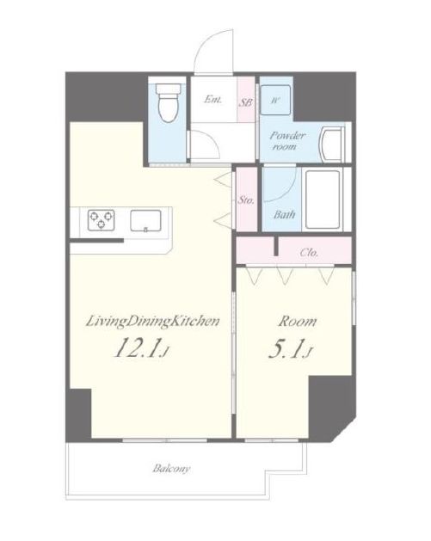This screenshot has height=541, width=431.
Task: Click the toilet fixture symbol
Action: (169, 102)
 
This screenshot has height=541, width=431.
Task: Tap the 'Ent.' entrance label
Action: (212, 100)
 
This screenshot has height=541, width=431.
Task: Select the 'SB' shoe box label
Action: (246, 102)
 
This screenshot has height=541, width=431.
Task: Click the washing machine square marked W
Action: (275, 100)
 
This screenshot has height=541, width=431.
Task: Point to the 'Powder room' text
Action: (287, 141)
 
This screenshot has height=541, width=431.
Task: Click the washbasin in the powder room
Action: (333, 144)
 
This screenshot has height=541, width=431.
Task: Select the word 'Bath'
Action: (285, 215)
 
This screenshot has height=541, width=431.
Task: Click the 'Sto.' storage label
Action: (246, 200)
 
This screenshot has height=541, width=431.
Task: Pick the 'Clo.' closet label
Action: (309, 253)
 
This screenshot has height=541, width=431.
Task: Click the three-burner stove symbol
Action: (102, 220)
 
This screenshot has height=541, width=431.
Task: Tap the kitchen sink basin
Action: (145, 220)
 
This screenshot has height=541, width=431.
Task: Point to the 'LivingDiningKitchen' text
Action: (152, 321)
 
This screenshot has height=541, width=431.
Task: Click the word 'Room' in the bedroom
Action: (298, 321)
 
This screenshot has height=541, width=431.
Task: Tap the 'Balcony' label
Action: (171, 469)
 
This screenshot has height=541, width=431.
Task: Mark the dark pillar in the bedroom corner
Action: (330, 407)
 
